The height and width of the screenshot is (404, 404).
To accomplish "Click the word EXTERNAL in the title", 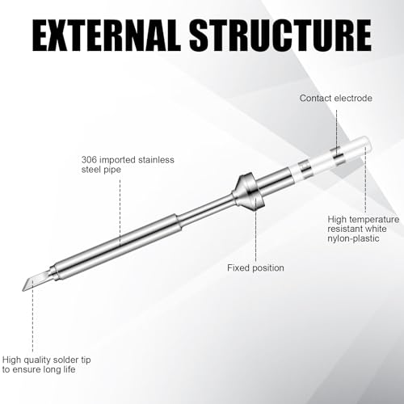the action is [106, 36].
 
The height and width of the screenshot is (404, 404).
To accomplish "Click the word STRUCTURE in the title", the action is [280, 36].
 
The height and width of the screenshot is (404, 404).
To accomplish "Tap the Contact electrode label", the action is [336, 99].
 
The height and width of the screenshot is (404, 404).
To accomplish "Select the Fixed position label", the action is [255, 268].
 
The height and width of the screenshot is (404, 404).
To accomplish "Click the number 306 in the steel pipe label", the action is [89, 160].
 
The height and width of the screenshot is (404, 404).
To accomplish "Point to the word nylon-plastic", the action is [353, 238].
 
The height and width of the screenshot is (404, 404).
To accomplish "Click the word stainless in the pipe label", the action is [156, 160].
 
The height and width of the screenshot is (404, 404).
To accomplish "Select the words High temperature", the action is [364, 220].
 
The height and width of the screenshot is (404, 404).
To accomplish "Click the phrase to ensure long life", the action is [39, 369].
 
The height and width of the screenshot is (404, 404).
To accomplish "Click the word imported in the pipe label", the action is [117, 160].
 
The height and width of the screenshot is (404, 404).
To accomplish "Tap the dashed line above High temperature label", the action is [365, 180].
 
